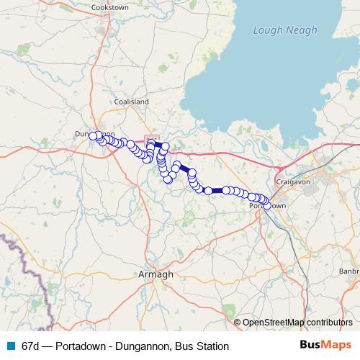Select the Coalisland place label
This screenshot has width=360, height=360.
pos(131,102)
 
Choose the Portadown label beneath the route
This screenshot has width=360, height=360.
pos(267,206)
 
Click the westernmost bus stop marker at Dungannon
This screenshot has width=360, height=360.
pos(93,135)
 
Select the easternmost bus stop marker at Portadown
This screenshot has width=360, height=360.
pos(267,205)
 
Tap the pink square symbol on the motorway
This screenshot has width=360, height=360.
pos(150,139)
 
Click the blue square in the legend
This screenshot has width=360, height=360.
pos(11,346)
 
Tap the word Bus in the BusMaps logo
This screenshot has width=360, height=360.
pos(312,345)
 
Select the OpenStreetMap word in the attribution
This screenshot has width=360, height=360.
pos(274,323)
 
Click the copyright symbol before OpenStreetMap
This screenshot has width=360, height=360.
pos(238,323)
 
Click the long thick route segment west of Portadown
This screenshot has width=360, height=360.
pos(217,191)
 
